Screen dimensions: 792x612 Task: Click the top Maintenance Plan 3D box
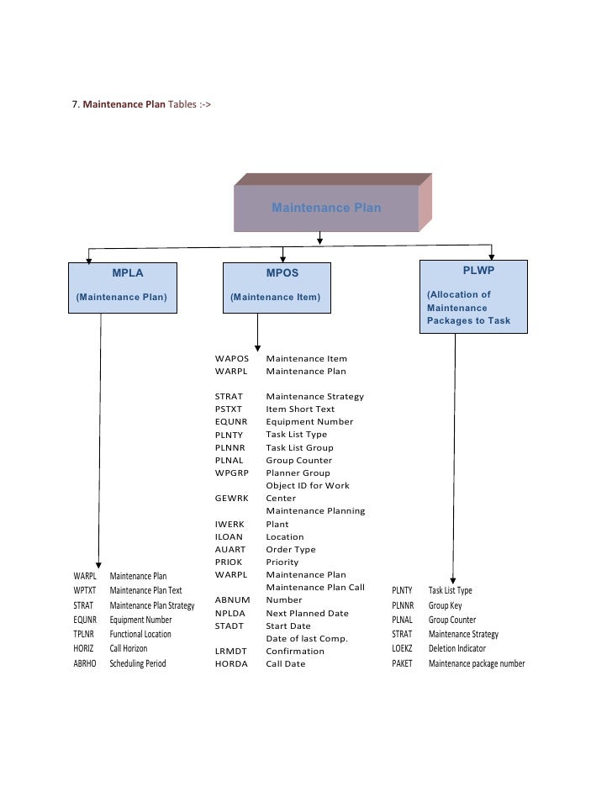[326, 208]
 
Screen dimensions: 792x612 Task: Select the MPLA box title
[128, 273]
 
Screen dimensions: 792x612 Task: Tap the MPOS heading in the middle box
[282, 273]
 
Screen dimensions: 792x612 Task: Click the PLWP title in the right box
[478, 271]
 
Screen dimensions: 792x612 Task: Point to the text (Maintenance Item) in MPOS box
[276, 298]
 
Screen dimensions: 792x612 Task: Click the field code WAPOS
[232, 359]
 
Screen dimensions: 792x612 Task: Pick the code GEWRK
[229, 499]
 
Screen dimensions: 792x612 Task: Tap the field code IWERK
[229, 524]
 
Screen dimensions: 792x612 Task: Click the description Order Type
[290, 549]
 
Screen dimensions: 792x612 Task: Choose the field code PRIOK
[229, 562]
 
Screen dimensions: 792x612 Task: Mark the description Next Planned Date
[307, 614]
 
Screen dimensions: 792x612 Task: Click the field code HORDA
[230, 664]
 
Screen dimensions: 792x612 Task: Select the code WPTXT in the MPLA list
[84, 591]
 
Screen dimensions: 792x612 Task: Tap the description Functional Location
[140, 635]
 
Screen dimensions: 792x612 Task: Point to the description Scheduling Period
[138, 663]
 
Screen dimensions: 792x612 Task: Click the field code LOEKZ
[403, 649]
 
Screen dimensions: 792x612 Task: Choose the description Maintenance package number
[477, 664]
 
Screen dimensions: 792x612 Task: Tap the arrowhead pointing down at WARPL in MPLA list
[100, 565]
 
